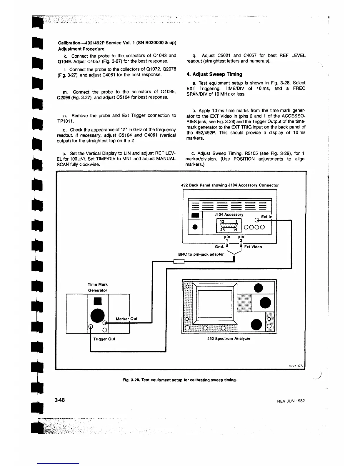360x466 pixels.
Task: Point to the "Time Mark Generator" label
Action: pyautogui.click(x=98, y=287)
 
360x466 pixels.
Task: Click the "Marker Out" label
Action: pyautogui.click(x=126, y=319)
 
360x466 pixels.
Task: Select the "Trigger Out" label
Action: pyautogui.click(x=104, y=339)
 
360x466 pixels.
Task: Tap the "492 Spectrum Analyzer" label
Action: pyautogui.click(x=229, y=338)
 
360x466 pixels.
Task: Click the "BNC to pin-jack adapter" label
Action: pyautogui.click(x=201, y=254)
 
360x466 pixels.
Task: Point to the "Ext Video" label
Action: pyautogui.click(x=253, y=247)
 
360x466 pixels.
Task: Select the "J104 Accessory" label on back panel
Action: pyautogui.click(x=229, y=215)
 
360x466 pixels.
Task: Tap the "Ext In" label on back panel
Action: pyautogui.click(x=266, y=217)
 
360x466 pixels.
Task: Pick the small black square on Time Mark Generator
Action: pyautogui.click(x=98, y=302)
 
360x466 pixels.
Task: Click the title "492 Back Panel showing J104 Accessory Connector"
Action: pyautogui.click(x=230, y=185)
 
